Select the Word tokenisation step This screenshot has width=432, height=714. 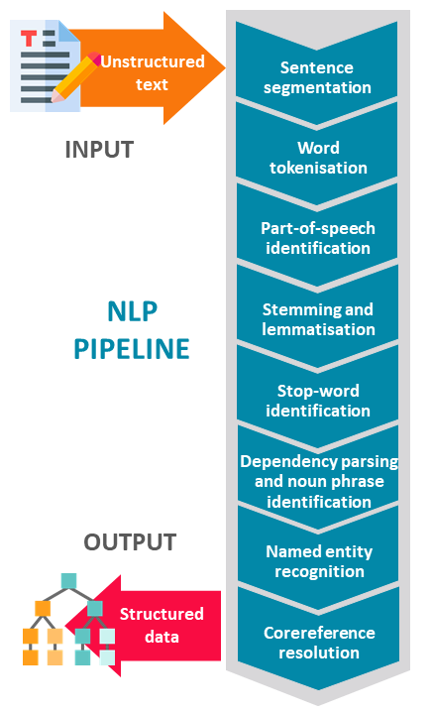pyautogui.click(x=317, y=158)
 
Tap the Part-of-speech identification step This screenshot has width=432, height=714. pyautogui.click(x=317, y=238)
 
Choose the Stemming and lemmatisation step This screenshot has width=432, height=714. pyautogui.click(x=317, y=319)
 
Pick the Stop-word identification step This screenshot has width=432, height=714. pyautogui.click(x=317, y=401)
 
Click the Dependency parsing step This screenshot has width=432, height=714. pyautogui.click(x=318, y=481)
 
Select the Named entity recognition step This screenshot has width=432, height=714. pyautogui.click(x=318, y=561)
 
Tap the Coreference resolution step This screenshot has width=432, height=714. pyautogui.click(x=318, y=642)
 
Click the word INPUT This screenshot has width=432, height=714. pyautogui.click(x=100, y=150)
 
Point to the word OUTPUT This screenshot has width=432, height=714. pyautogui.click(x=130, y=542)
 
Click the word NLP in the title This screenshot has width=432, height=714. pyautogui.click(x=133, y=312)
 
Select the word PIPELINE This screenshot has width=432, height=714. pyautogui.click(x=132, y=349)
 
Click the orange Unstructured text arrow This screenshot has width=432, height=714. pyautogui.click(x=150, y=68)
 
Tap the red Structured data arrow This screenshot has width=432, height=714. pyautogui.click(x=150, y=625)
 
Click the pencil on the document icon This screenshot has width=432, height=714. pyautogui.click(x=75, y=76)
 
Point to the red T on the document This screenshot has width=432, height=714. pyautogui.click(x=29, y=39)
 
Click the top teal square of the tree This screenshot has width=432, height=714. pyautogui.click(x=68, y=581)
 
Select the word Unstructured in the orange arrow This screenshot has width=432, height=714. pyautogui.click(x=153, y=61)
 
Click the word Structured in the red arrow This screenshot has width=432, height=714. pyautogui.click(x=162, y=614)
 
